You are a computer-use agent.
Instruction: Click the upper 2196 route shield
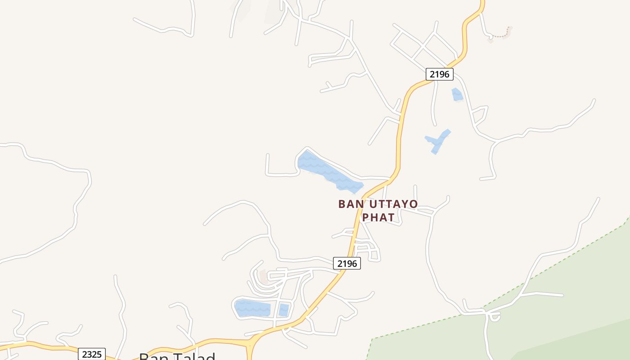point(439,74)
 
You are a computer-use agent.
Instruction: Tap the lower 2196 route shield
point(346,264)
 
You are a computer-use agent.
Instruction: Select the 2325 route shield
point(92,354)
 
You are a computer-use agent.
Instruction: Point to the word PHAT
point(379,217)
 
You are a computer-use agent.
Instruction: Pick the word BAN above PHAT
point(351,204)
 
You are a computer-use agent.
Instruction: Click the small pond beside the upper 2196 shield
point(457,94)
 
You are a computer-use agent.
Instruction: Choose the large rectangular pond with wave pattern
point(253,308)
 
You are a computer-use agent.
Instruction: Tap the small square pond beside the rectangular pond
point(283,310)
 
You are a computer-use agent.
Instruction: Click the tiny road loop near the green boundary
point(495,317)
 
